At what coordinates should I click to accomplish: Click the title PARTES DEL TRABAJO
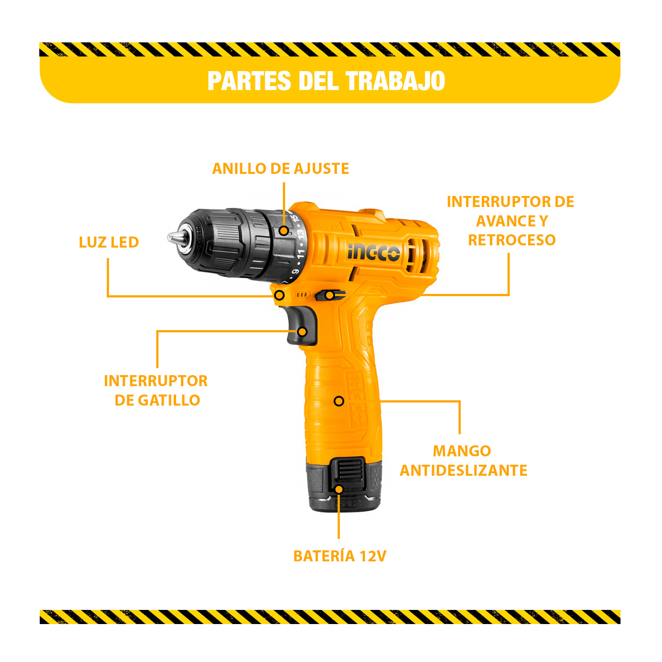[326, 81]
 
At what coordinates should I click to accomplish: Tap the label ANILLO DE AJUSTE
[281, 169]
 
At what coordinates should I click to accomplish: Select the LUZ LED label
[109, 242]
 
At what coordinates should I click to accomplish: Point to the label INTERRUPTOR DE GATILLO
[156, 391]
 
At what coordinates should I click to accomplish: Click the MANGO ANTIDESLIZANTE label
[463, 461]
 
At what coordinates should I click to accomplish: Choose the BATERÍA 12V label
[340, 556]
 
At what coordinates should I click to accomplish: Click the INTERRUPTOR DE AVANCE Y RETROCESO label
[511, 221]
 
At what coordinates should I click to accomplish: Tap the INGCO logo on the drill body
[374, 253]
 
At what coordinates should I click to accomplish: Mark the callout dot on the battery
[339, 489]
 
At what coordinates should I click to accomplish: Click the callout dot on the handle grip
[339, 401]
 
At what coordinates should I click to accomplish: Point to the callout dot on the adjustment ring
[284, 231]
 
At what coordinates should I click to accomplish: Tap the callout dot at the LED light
[279, 295]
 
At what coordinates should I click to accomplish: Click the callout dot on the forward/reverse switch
[330, 295]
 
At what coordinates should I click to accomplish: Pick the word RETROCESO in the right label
[512, 240]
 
